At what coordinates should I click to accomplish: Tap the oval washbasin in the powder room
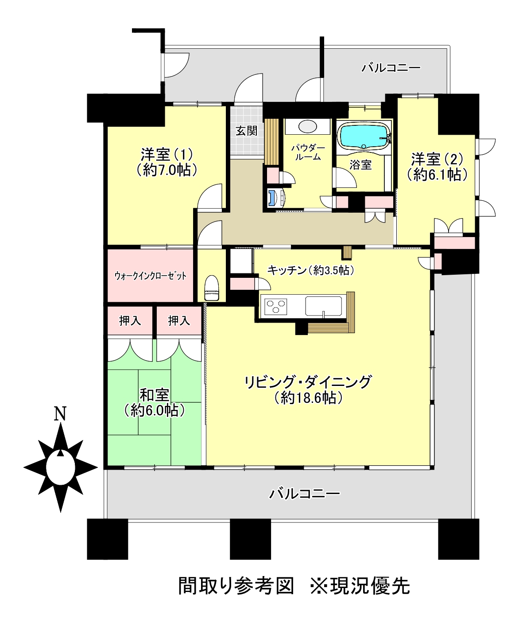(307, 126)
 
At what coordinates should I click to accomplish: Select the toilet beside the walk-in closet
(212, 288)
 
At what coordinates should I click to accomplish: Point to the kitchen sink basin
(323, 306)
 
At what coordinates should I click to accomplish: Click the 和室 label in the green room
(155, 395)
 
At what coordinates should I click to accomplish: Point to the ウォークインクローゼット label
(151, 276)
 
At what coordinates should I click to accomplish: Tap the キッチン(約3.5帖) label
(311, 270)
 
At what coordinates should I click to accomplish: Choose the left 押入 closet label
(130, 321)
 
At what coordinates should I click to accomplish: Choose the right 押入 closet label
(179, 321)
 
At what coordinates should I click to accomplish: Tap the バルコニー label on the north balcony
(391, 68)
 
